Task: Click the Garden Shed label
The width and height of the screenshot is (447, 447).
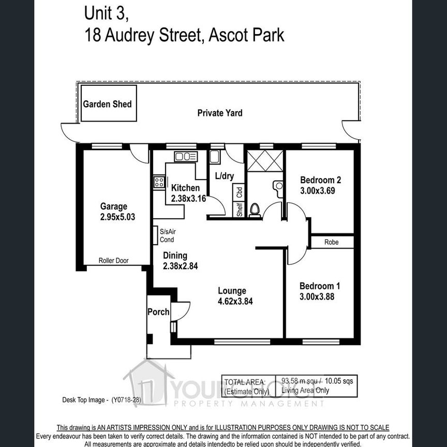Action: pos(108,104)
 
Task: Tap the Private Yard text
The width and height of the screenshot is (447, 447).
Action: pos(220,113)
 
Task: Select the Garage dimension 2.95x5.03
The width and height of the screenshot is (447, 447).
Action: pos(118,217)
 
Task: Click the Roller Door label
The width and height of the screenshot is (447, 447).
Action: pos(114,261)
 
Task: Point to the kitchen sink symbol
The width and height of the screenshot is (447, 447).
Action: pos(185,156)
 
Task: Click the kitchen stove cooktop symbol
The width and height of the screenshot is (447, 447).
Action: pos(159,182)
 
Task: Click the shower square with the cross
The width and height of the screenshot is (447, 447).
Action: pos(265,160)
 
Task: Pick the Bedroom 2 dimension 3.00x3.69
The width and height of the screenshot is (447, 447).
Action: pos(320,190)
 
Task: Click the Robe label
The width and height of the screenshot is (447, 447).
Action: pos(332,242)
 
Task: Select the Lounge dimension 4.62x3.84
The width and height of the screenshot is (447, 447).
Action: pos(235,301)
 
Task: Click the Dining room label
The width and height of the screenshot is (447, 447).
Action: pos(175,255)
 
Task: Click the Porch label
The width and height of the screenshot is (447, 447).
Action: pos(158,311)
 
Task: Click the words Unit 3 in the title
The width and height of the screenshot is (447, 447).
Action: pos(105,14)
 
